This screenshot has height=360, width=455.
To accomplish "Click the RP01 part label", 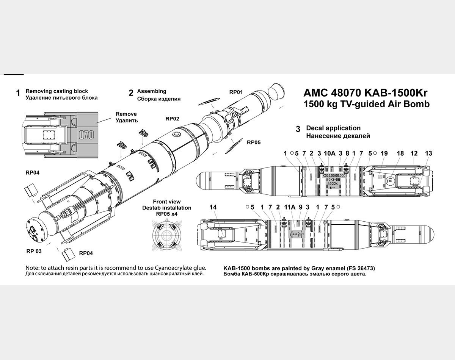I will point(236,92).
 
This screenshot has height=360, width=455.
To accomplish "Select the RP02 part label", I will point(172,119).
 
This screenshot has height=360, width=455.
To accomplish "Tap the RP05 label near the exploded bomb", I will point(254,142).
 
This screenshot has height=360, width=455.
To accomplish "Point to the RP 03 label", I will point(34,250).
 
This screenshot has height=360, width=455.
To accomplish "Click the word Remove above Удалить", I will point(126,114).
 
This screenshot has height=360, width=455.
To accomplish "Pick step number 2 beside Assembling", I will point(131,93).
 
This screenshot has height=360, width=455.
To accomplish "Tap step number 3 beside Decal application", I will point(298,129).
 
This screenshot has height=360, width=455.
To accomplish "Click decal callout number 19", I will point(384,153).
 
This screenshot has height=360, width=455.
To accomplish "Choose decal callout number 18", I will point(400,153).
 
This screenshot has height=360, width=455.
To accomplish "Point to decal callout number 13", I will point(428,153).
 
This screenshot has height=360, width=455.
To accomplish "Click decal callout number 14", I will point(213,207).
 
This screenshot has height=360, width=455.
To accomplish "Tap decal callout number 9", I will point(300,207).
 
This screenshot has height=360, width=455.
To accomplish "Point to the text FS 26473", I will point(359,268).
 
